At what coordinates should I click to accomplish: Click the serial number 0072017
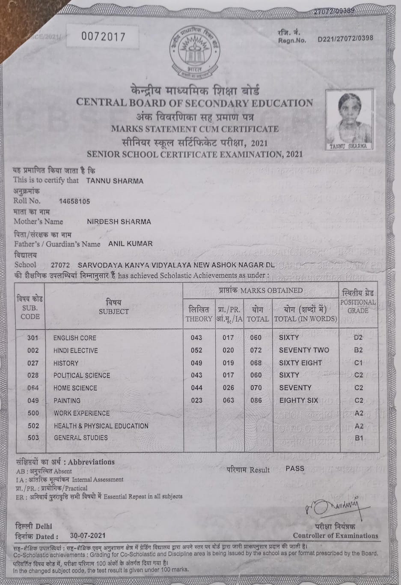[x=104, y=37]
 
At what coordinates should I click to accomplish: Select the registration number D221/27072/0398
[x=345, y=38]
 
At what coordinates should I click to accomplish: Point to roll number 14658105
[x=74, y=201]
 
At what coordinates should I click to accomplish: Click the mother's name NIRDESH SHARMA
[x=119, y=222]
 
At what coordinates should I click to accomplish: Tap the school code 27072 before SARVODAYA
[x=60, y=265]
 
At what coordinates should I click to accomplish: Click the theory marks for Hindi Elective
[x=196, y=350]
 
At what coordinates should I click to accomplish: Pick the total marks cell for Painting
[x=255, y=400]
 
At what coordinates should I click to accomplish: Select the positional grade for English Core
[x=358, y=338]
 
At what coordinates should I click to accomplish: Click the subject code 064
[x=33, y=388]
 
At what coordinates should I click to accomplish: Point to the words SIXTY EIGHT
[x=300, y=363]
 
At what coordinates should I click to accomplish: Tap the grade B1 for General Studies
[x=359, y=438]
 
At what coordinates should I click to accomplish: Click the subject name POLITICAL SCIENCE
[x=81, y=375]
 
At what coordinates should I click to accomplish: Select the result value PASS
[x=295, y=468]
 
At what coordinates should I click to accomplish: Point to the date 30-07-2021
[x=87, y=536]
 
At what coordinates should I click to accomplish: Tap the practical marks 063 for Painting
[x=229, y=400]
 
